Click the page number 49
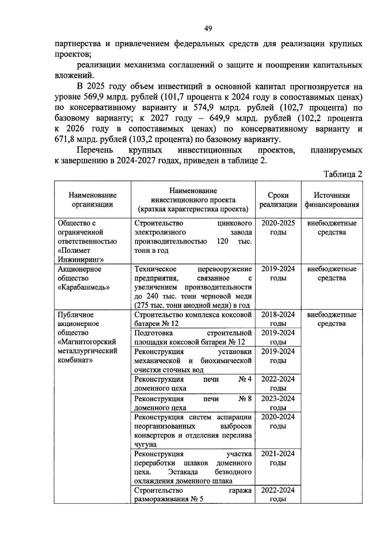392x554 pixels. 208,29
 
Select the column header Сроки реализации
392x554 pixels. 278,200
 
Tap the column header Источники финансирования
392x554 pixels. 332,200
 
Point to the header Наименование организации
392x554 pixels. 92,200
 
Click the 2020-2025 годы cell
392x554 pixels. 278,228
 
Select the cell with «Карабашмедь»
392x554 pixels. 84,287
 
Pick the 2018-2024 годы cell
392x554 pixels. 278,319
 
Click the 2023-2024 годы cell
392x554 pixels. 278,403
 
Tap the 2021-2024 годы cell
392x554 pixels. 278,458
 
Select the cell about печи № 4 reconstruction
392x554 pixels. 193,384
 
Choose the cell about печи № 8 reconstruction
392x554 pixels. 193,403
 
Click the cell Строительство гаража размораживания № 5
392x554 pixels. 193,495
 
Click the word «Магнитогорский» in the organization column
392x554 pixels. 87,342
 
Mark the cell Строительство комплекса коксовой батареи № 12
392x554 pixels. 193,319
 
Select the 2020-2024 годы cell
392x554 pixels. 278,421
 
